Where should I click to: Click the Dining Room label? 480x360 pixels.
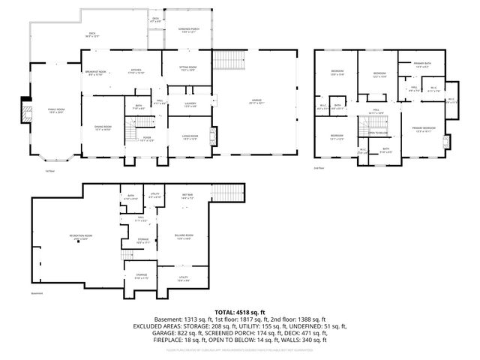[102, 128]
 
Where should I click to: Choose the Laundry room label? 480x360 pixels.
[190, 104]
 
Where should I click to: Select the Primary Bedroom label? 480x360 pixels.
[424, 129]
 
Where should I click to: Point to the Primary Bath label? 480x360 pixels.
[422, 64]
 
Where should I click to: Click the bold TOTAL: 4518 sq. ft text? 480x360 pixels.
[240, 311]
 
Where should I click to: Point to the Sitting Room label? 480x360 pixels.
[187, 68]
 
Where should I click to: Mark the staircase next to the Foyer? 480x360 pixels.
[132, 133]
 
